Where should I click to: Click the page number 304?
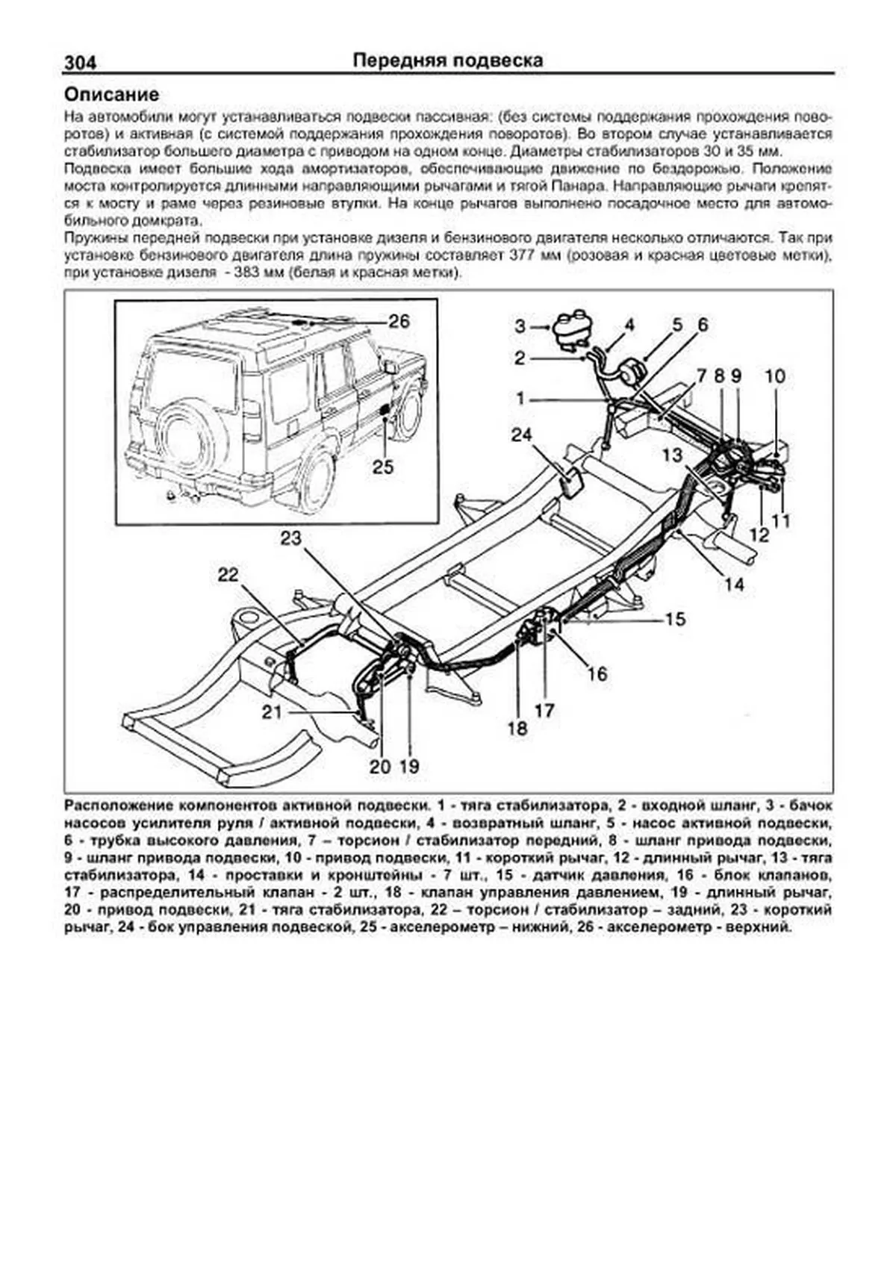click(x=81, y=63)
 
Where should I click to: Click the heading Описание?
click(x=111, y=95)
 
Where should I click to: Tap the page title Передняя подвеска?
click(x=447, y=60)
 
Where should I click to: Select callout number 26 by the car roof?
click(x=399, y=321)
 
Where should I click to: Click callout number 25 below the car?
click(x=383, y=467)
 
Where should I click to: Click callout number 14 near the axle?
click(x=734, y=584)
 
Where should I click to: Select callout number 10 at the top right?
click(x=775, y=376)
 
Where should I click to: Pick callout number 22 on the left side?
click(x=228, y=574)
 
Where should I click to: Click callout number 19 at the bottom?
click(x=410, y=765)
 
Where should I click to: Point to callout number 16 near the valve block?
click(x=597, y=673)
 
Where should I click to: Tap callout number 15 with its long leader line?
click(x=675, y=619)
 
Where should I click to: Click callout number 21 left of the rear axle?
click(x=272, y=712)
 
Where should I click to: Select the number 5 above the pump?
click(x=676, y=325)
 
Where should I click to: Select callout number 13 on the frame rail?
click(x=672, y=454)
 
